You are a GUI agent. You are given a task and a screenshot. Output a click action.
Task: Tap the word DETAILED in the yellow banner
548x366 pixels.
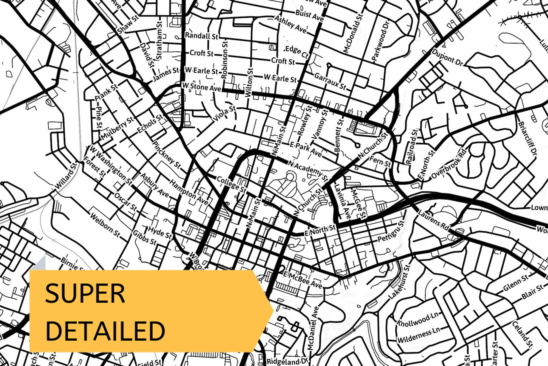[105, 331]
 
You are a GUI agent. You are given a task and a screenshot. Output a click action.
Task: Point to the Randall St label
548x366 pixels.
[201, 36]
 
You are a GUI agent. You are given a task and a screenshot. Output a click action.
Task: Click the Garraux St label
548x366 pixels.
[330, 81]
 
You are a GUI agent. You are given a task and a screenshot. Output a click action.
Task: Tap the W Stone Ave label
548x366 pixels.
[202, 87]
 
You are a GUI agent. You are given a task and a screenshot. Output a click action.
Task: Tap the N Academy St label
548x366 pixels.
[308, 170]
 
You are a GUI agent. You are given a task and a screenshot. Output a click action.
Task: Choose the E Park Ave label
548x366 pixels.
[306, 149]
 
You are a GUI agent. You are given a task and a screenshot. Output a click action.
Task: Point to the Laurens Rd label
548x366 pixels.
[433, 220]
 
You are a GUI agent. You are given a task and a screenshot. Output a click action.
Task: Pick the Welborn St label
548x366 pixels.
[105, 225]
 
